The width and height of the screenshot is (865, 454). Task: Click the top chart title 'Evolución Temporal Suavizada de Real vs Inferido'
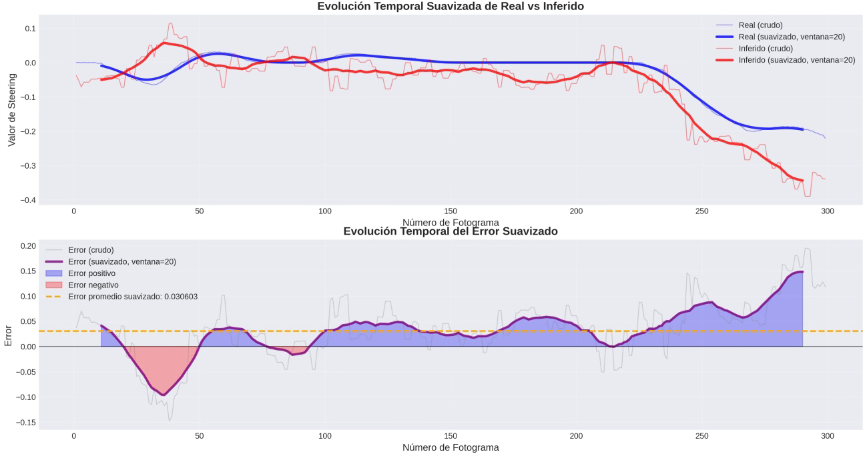coord(451,7)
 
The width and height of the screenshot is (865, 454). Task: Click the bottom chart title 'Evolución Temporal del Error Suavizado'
coord(451,231)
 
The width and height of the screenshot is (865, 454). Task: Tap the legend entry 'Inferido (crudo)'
coord(766,49)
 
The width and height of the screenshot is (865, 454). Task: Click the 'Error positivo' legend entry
coord(91,273)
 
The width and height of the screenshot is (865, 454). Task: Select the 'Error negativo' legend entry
coord(93,285)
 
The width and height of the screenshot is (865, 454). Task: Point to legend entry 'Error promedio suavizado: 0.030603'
coord(133,297)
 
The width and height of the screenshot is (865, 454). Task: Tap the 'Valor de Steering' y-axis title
coord(11,111)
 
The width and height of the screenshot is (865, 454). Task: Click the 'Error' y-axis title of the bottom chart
coord(9,335)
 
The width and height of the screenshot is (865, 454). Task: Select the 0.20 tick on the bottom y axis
coord(26,246)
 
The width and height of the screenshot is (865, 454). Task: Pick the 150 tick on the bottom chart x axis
coord(451,436)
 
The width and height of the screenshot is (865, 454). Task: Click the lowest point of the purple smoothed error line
coord(163,395)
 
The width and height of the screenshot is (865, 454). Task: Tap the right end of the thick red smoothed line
coord(802,181)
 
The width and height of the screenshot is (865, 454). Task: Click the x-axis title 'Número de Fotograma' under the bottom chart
coord(451,447)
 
